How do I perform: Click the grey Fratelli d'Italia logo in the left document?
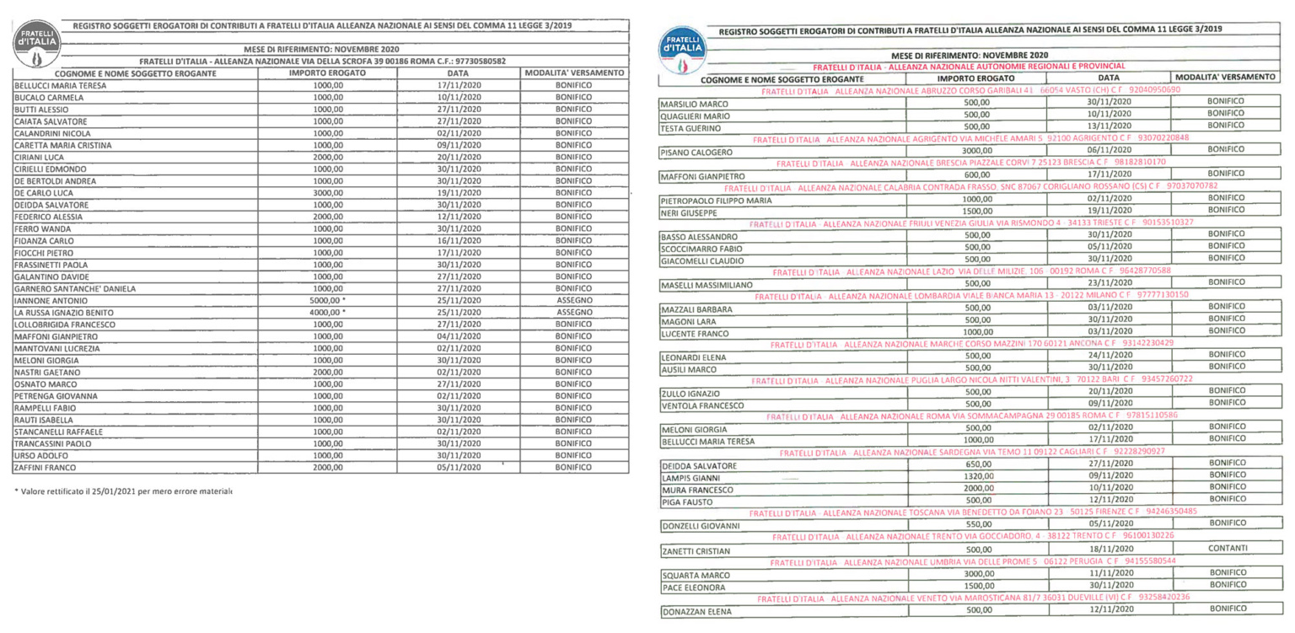coord(35,43)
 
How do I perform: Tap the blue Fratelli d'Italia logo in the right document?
coord(682,47)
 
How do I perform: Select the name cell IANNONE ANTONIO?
coord(51,301)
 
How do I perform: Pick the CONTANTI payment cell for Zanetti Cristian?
coord(1226,549)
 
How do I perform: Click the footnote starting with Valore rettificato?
coord(123,491)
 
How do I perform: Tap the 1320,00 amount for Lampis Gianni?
coord(976,476)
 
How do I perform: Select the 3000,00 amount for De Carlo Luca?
coord(328,193)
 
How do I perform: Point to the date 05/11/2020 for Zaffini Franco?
coord(458,468)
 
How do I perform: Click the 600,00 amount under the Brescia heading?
coord(976,174)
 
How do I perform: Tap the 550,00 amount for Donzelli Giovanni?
coord(976,524)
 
